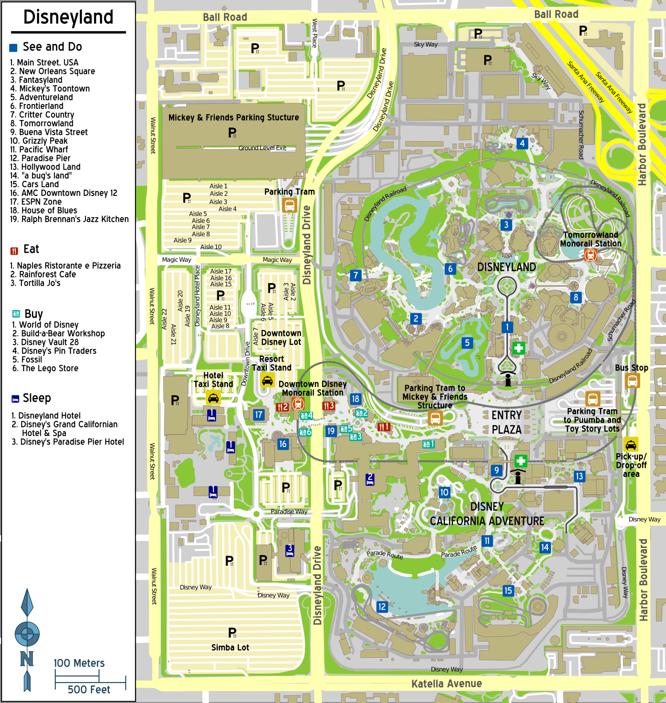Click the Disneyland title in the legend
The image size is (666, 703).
tap(68, 17)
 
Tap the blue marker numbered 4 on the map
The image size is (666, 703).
tap(522, 144)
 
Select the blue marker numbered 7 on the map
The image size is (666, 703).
tap(356, 275)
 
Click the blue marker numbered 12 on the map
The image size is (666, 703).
tap(382, 607)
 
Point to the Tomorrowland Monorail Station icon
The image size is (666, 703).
tap(590, 255)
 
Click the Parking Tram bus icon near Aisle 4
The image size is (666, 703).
tap(289, 205)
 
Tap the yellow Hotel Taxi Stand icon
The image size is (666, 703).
tap(213, 398)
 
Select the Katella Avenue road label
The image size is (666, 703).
tap(446, 684)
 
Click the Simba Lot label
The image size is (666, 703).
tap(230, 647)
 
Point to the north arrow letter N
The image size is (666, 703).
tap(27, 659)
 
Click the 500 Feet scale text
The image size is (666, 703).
tap(89, 690)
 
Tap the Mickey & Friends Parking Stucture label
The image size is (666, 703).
tap(233, 118)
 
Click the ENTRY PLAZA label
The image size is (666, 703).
tap(506, 422)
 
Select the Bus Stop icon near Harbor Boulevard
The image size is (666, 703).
tap(632, 381)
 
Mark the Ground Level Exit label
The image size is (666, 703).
tap(262, 148)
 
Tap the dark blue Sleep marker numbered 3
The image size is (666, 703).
tap(290, 550)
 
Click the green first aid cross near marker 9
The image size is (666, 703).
tap(520, 461)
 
